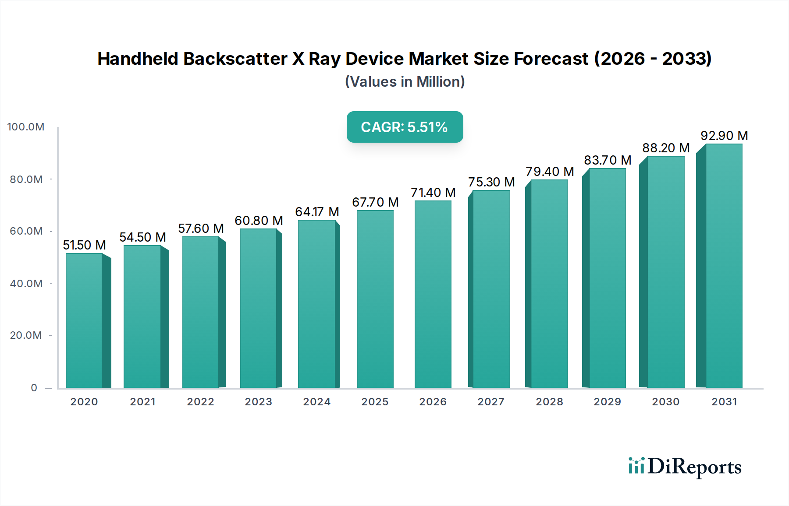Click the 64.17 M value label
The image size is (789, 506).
pyautogui.click(x=317, y=212)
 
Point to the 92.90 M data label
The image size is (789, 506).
pyautogui.click(x=724, y=136)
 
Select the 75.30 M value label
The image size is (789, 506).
pyautogui.click(x=491, y=182)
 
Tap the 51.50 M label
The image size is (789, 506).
pyautogui.click(x=84, y=245)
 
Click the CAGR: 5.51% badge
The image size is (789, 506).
pyautogui.click(x=405, y=127)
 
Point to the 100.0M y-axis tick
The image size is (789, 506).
pyautogui.click(x=26, y=127)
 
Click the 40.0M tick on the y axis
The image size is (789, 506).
pyautogui.click(x=26, y=284)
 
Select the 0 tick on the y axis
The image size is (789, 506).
pyautogui.click(x=34, y=388)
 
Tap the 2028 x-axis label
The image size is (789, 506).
pyautogui.click(x=549, y=402)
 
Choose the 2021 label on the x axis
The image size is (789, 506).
pyautogui.click(x=142, y=402)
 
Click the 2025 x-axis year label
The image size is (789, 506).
pyautogui.click(x=375, y=402)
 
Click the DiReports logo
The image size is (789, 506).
pyautogui.click(x=685, y=467)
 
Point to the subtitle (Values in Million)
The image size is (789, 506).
pyautogui.click(x=405, y=82)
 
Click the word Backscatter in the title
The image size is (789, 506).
pyautogui.click(x=235, y=59)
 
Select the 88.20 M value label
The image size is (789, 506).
pyautogui.click(x=666, y=148)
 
